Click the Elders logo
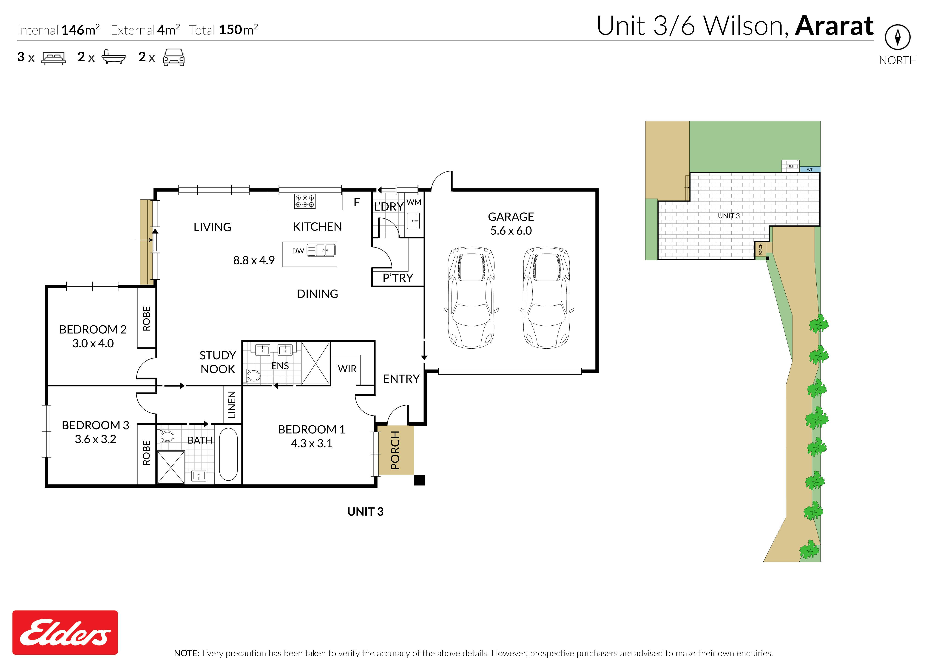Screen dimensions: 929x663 coord(65,632)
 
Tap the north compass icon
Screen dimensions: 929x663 coord(898,37)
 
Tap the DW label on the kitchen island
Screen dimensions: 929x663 coord(298,251)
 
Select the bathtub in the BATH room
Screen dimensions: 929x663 coord(228,454)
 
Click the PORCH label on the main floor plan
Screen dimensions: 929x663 coord(395,450)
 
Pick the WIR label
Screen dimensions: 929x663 coord(347,369)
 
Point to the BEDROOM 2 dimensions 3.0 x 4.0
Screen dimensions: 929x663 coord(93,343)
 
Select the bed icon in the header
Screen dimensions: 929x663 coord(54,58)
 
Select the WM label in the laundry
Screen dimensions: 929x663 coord(413,202)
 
